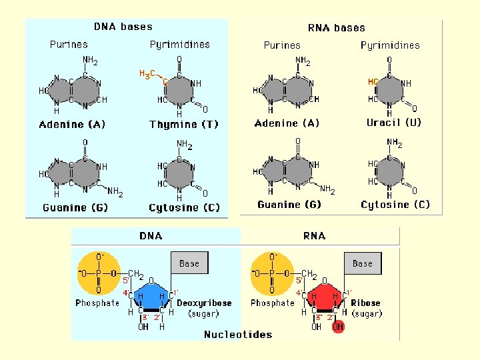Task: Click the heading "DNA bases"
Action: pyautogui.click(x=123, y=27)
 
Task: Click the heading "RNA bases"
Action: pyautogui.click(x=336, y=28)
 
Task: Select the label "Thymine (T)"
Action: pyautogui.click(x=184, y=125)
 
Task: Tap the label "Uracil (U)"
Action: pyautogui.click(x=394, y=123)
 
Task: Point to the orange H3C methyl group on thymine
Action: pyautogui.click(x=148, y=73)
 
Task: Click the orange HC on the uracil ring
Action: pyautogui.click(x=373, y=82)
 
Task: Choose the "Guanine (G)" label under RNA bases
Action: pyautogui.click(x=289, y=205)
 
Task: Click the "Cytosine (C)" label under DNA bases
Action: pyautogui.click(x=184, y=208)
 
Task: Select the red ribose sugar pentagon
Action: pyautogui.click(x=323, y=299)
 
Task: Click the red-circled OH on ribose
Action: pyautogui.click(x=338, y=327)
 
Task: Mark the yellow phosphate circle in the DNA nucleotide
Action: pyautogui.click(x=99, y=273)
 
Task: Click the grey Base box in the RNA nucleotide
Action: pyautogui.click(x=362, y=263)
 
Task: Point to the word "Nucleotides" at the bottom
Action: pyautogui.click(x=238, y=335)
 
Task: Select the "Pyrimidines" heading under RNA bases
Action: pyautogui.click(x=390, y=45)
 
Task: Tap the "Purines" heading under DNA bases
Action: pyautogui.click(x=69, y=45)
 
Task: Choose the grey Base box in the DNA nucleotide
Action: pyautogui.click(x=189, y=263)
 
